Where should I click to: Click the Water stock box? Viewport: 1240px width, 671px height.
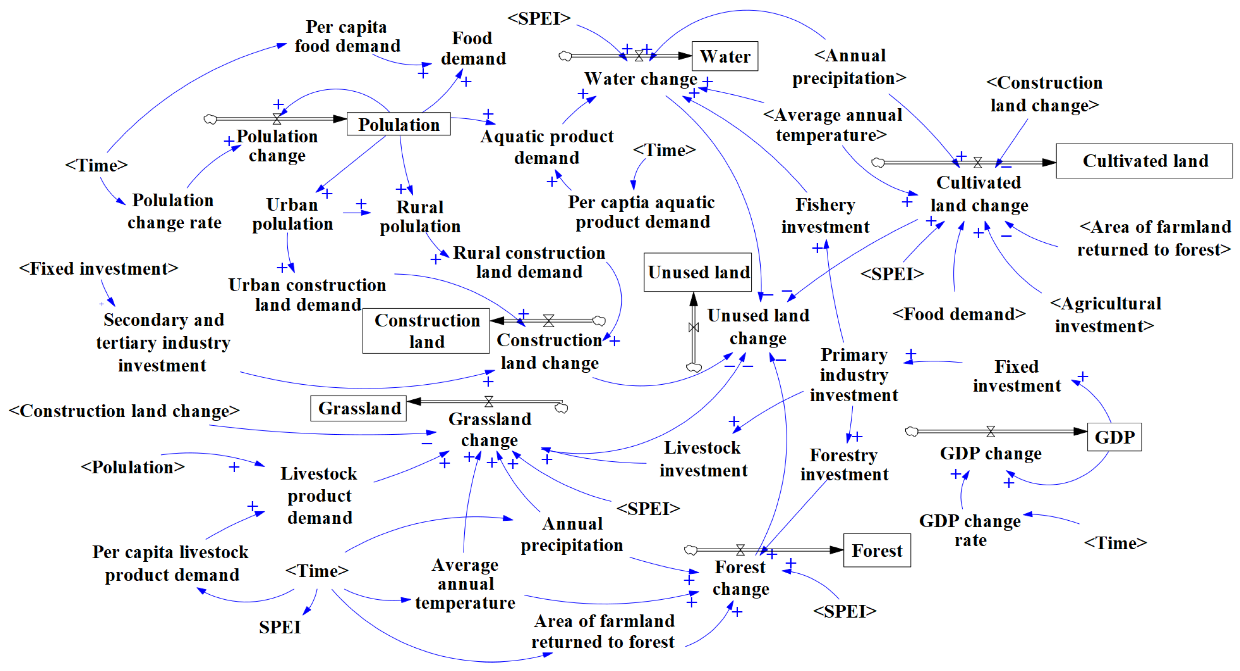[x=725, y=56]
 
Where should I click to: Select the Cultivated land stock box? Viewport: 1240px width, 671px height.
[x=1144, y=161]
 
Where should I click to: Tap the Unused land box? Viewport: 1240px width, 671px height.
[x=698, y=272]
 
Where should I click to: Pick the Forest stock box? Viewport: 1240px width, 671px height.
[x=877, y=550]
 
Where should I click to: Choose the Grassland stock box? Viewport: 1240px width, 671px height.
[x=359, y=408]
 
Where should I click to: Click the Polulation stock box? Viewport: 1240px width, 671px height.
[x=399, y=124]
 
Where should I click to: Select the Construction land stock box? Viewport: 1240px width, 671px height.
[x=426, y=331]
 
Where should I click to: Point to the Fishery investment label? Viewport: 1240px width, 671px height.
[x=825, y=216]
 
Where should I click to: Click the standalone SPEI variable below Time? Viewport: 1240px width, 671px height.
[x=280, y=627]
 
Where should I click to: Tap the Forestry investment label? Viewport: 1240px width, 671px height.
[x=844, y=464]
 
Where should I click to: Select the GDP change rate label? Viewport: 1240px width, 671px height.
[x=970, y=530]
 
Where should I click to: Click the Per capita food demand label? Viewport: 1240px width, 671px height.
[x=347, y=36]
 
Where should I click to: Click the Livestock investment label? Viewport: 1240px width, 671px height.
[x=703, y=459]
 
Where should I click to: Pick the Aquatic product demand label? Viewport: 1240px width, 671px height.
[x=547, y=147]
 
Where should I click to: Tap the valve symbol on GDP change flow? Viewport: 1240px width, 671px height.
[x=990, y=431]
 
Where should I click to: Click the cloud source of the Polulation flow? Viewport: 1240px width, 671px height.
[x=210, y=119]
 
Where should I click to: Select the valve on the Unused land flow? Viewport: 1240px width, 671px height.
[x=693, y=327]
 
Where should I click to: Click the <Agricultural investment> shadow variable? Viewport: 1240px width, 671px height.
[x=1105, y=315]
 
